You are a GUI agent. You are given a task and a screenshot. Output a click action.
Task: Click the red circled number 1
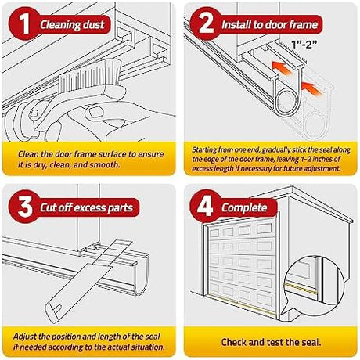pos(24,23)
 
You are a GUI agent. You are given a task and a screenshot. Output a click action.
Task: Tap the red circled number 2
pos(206,23)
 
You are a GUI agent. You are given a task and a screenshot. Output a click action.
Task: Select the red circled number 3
pos(25,207)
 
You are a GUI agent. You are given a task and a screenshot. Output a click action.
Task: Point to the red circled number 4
pos(206,207)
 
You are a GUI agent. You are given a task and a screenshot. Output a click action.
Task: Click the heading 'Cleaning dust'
pos(72,25)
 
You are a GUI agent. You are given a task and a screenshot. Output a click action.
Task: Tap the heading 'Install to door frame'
pos(270,25)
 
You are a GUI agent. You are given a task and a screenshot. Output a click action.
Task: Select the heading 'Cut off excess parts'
pos(86,208)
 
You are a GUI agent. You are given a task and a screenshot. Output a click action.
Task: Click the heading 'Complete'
pos(244,208)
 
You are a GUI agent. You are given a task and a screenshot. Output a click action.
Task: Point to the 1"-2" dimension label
pos(304,45)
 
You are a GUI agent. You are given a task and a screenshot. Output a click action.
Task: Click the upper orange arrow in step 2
pos(282,68)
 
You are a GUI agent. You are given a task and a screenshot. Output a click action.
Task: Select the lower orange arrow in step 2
pos(311,88)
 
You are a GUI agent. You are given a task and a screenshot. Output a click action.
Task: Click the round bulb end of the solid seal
pos(288,101)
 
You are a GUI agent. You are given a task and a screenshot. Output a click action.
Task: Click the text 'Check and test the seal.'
pos(271,342)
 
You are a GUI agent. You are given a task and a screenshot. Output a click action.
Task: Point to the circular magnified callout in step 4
pos(314,283)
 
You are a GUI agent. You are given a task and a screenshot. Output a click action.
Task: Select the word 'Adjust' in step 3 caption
pos(24,337)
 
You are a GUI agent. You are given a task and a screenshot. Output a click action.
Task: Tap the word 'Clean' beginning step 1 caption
pos(29,154)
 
